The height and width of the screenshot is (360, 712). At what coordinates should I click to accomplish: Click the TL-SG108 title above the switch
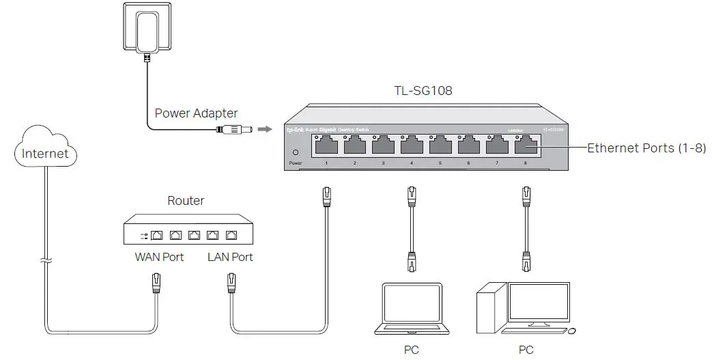(413, 89)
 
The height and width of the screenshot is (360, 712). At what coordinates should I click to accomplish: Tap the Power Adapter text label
(197, 113)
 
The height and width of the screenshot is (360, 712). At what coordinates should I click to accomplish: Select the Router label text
(186, 201)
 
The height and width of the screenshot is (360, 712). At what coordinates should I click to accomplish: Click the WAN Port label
(159, 258)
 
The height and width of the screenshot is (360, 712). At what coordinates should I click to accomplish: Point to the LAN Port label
(230, 258)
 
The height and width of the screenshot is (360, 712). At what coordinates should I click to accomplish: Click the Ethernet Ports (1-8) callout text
(646, 148)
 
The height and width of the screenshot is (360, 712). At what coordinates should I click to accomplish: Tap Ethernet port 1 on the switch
(326, 146)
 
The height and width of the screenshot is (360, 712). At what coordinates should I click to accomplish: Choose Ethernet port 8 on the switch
(525, 146)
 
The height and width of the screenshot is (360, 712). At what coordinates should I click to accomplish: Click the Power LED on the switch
(295, 153)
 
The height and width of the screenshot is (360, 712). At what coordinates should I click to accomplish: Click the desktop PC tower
(491, 311)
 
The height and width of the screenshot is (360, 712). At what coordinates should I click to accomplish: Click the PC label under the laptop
(411, 350)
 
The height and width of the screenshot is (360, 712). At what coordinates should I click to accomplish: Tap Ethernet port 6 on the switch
(468, 146)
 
